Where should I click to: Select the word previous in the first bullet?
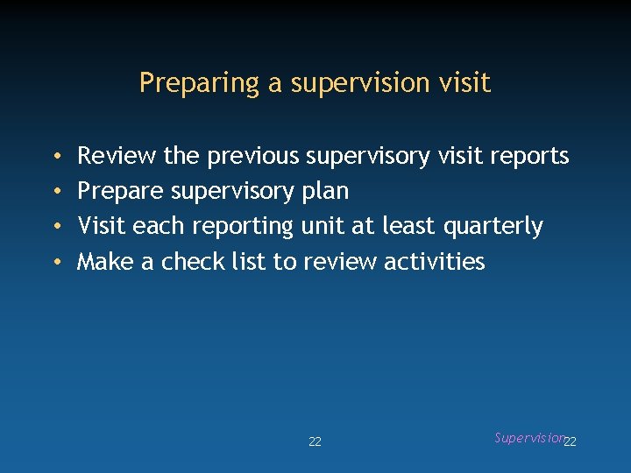click(x=252, y=157)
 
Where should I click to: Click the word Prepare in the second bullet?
click(x=120, y=192)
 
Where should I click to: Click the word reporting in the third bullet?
click(x=243, y=227)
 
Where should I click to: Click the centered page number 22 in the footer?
click(x=315, y=442)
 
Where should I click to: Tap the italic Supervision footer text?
click(x=528, y=438)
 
